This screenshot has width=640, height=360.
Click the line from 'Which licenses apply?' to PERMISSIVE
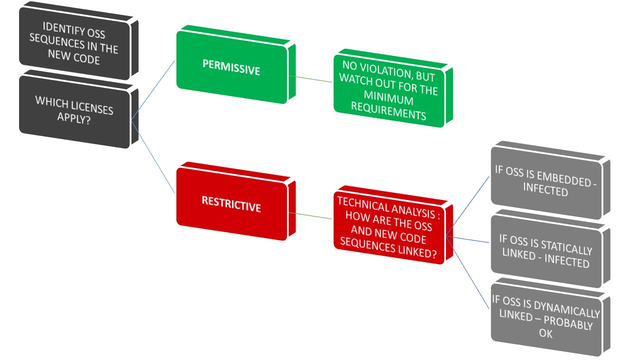153,90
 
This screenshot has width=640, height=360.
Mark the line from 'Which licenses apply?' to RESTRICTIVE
153,157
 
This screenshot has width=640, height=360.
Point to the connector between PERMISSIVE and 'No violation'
310,79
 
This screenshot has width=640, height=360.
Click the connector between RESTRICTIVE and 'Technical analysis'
310,215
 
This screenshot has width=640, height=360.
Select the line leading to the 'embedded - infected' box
467,206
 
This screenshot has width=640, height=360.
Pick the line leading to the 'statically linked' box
467,239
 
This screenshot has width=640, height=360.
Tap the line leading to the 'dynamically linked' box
467,273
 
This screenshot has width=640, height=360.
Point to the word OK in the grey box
545,333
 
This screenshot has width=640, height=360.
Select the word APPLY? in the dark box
74,118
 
